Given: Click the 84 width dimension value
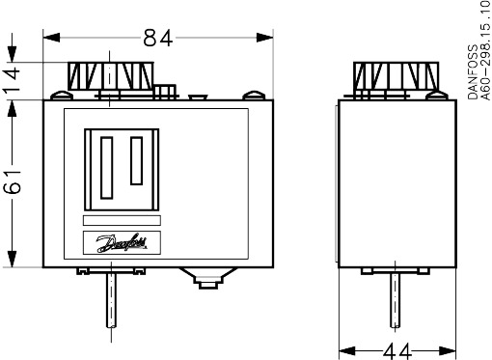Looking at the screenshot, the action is click(x=158, y=38).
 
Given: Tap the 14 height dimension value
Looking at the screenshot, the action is click(x=13, y=80).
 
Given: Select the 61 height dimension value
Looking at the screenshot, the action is click(x=13, y=181).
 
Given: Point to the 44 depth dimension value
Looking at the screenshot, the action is click(x=397, y=351).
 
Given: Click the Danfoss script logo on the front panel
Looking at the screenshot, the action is click(x=122, y=243).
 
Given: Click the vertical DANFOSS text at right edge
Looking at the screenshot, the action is click(x=473, y=71).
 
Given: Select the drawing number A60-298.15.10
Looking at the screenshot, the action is click(x=486, y=51).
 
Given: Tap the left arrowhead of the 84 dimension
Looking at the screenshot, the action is click(x=51, y=38).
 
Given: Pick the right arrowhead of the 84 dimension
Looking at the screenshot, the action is click(x=264, y=38).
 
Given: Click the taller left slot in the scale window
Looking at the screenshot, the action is click(x=107, y=168).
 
